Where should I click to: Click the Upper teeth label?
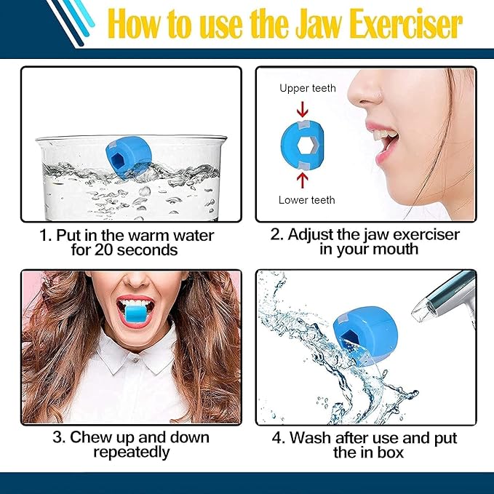tap(308, 89)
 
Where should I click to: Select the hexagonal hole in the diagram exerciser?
tap(305, 143)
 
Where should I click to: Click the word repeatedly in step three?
tap(131, 453)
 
